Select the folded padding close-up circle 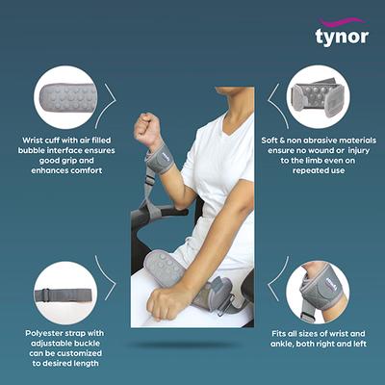tap(319, 99)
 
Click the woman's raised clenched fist tap(147, 128)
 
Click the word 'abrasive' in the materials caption tap(310, 141)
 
